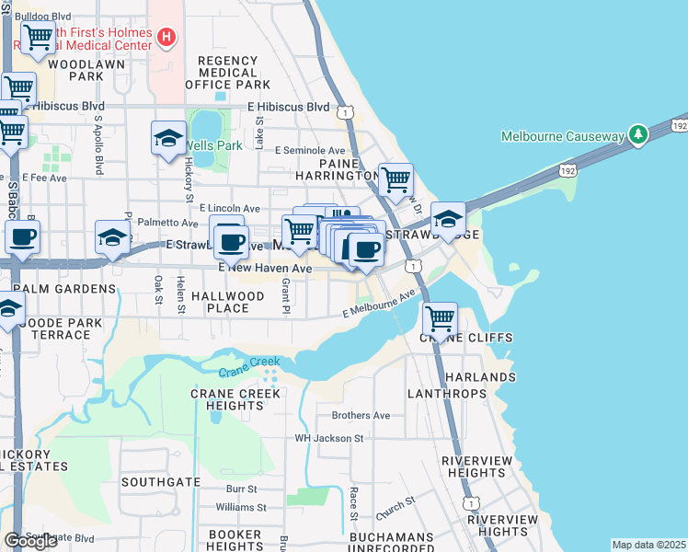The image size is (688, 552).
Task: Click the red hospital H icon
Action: [x=166, y=38]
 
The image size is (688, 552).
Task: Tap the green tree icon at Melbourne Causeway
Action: [x=637, y=135]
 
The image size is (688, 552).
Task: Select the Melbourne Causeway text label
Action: [x=562, y=136]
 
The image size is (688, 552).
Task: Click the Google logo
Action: [x=30, y=540]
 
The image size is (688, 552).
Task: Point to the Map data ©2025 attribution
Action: [x=648, y=545]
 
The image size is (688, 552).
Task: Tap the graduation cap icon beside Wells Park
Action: [x=168, y=138]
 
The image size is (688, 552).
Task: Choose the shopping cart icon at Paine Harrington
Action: [x=396, y=179]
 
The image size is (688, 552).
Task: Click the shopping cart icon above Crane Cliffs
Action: [x=441, y=318]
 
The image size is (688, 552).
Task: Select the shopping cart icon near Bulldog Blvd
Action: [x=39, y=38]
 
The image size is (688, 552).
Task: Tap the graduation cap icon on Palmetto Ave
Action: [x=112, y=236]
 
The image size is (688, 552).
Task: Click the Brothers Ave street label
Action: [x=361, y=415]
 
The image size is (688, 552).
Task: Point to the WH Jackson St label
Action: [x=328, y=438]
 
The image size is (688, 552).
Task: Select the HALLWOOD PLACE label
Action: [x=228, y=302]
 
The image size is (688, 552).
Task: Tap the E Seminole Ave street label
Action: [x=303, y=151]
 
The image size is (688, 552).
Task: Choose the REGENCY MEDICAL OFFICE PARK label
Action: [x=227, y=73]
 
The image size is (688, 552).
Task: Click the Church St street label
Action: [x=396, y=508]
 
